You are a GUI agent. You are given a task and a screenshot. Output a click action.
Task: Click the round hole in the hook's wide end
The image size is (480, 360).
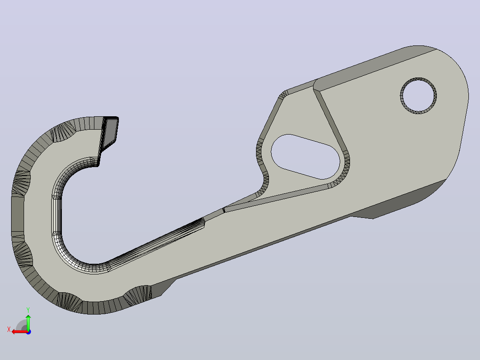419,96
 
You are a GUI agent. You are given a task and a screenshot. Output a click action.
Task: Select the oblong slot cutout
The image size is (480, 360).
305,156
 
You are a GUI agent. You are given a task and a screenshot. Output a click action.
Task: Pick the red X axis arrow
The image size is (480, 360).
20,332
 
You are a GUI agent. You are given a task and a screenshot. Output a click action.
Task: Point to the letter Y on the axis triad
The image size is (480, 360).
28,310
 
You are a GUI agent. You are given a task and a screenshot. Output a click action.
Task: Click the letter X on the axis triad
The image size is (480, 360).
9,329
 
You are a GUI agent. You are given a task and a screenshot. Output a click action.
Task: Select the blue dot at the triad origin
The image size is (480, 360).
28,332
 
